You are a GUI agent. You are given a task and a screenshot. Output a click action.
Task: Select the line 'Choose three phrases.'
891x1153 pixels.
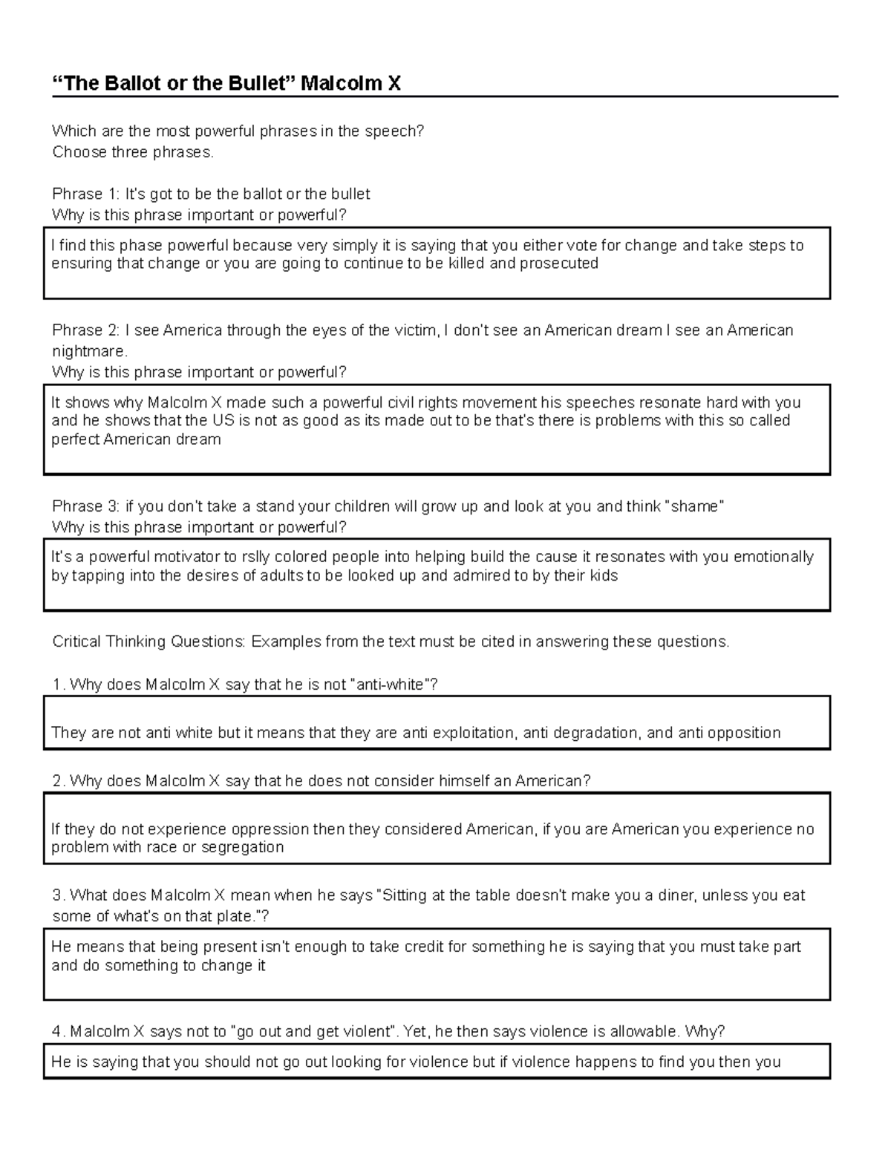(x=133, y=152)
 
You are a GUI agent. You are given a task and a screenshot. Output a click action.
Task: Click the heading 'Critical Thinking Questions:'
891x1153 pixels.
(x=148, y=641)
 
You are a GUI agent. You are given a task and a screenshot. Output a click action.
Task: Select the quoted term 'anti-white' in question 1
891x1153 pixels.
(x=391, y=685)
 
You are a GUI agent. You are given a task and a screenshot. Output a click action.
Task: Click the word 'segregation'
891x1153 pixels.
(x=243, y=847)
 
